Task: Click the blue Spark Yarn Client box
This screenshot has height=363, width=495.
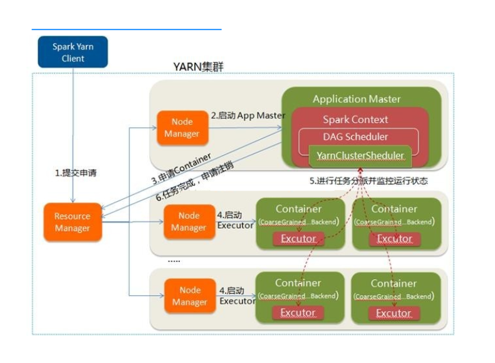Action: [x=73, y=52]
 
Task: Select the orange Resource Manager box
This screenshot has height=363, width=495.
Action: [x=72, y=222]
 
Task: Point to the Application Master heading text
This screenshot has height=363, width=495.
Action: [x=357, y=99]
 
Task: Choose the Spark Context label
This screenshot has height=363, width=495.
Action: [x=355, y=119]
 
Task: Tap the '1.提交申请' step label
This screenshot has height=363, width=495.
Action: [x=76, y=172]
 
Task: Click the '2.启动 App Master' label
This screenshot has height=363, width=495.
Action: [x=247, y=115]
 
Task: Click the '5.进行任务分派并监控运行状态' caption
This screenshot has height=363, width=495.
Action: [x=368, y=181]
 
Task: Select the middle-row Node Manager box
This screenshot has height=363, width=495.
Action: [x=189, y=221]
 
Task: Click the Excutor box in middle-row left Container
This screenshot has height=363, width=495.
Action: [x=298, y=238]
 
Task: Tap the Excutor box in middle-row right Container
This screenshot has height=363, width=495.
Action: [x=394, y=238]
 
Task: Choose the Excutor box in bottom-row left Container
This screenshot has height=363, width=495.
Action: [x=298, y=313]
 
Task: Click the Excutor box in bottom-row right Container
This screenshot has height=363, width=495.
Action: [x=394, y=313]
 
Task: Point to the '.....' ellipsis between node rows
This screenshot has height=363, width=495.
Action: [x=174, y=260]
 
